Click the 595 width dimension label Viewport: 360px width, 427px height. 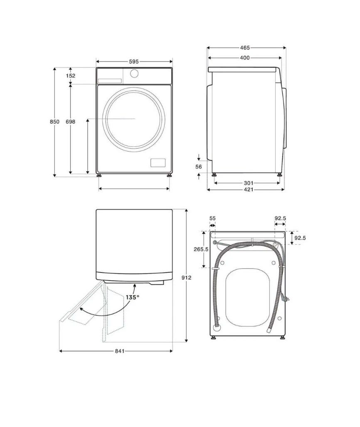pos(134,62)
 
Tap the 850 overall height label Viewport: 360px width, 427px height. pos(54,122)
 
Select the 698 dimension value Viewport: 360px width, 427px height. pos(71,122)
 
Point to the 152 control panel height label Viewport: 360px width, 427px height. pos(71,76)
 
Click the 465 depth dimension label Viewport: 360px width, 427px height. pos(245,48)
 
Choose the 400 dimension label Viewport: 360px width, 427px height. pos(245,58)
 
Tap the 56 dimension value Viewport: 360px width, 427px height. pos(199,166)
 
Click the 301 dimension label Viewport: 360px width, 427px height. pos(249,183)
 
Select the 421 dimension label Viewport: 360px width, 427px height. pos(249,189)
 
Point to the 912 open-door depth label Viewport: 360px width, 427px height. pos(186,278)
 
